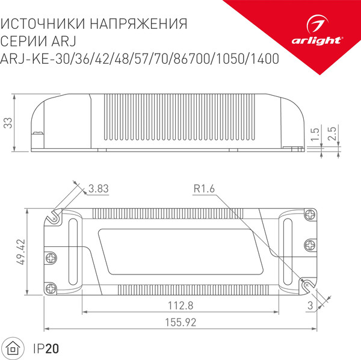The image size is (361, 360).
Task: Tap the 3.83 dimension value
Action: [x=98, y=189]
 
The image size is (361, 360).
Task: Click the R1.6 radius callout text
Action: [x=205, y=189]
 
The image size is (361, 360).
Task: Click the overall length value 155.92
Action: [x=180, y=322]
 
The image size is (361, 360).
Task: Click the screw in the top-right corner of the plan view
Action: [x=310, y=214]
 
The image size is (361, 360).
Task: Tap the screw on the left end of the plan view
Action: [x=51, y=256]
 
